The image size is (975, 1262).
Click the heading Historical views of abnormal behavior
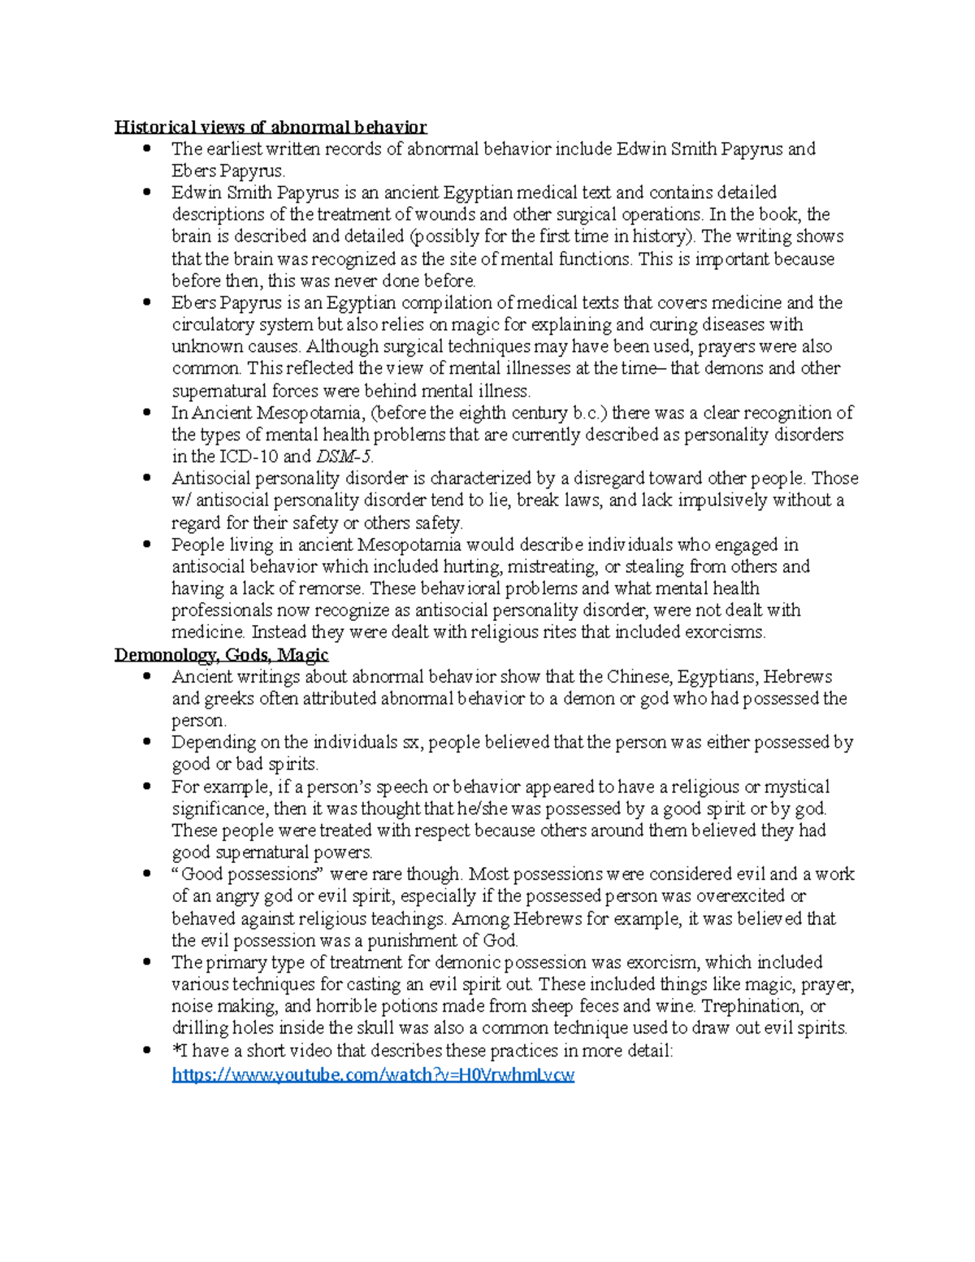coord(270,127)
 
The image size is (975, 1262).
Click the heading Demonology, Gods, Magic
coord(221,655)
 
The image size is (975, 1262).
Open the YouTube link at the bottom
coord(373,1075)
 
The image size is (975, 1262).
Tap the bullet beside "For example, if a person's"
coord(147,787)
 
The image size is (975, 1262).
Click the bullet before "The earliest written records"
coord(147,149)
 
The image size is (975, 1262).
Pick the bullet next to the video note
coord(147,1051)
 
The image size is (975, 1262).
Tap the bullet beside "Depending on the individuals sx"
coord(147,742)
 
